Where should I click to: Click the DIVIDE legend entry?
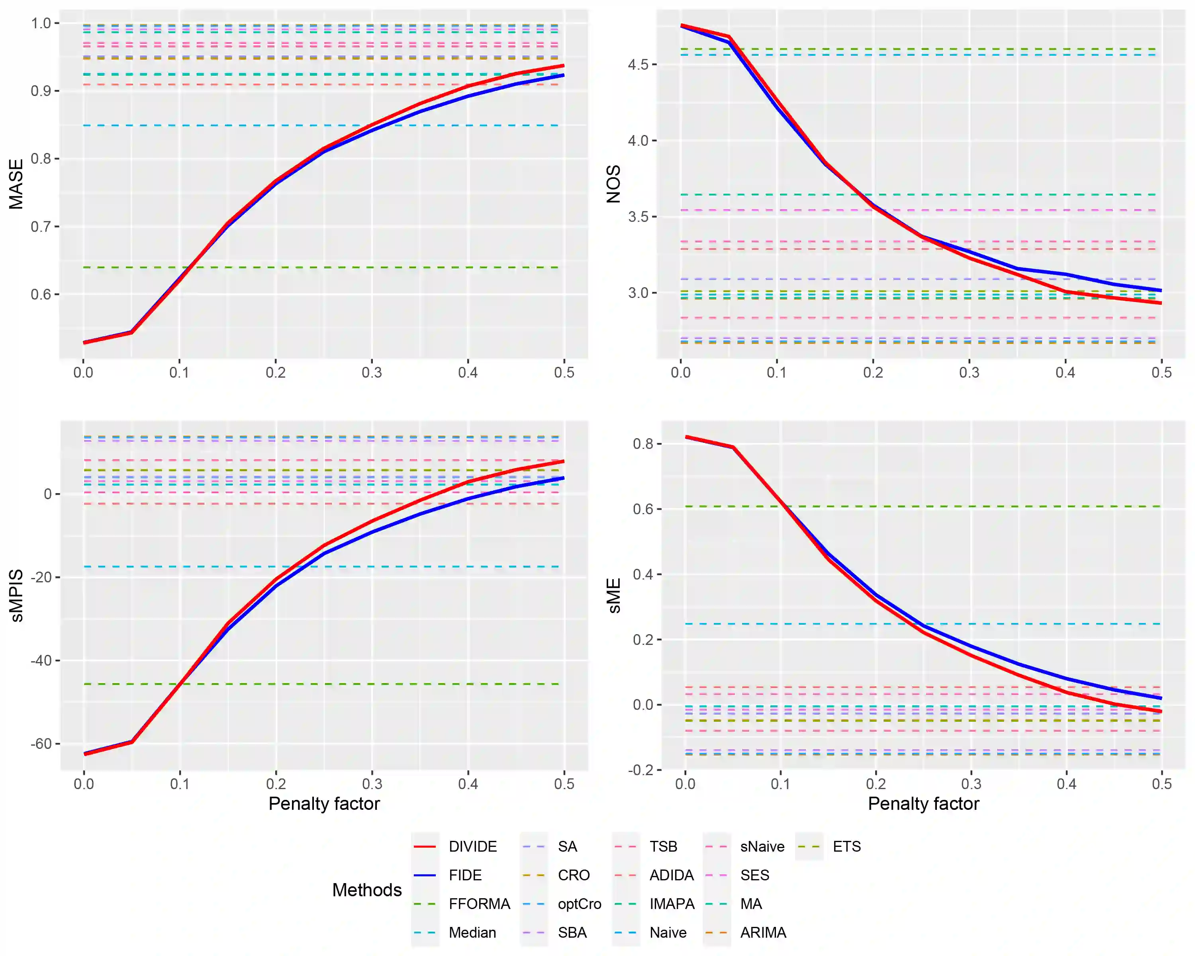tap(472, 846)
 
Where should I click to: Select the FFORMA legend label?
tap(479, 904)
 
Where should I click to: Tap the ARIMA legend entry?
tap(763, 933)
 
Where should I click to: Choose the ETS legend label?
tap(846, 846)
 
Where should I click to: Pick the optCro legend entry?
tap(579, 904)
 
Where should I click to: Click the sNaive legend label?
tap(762, 846)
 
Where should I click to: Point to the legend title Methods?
tap(367, 889)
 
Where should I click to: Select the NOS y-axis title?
tap(613, 184)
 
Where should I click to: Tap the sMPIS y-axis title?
tap(17, 596)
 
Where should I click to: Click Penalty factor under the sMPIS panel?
tap(324, 803)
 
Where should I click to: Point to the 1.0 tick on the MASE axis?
tap(41, 23)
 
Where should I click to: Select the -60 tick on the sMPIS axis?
tap(41, 744)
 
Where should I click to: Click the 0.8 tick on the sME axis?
tap(643, 444)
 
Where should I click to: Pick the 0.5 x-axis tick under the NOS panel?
tap(1161, 372)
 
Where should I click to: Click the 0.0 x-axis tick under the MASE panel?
tap(83, 372)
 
